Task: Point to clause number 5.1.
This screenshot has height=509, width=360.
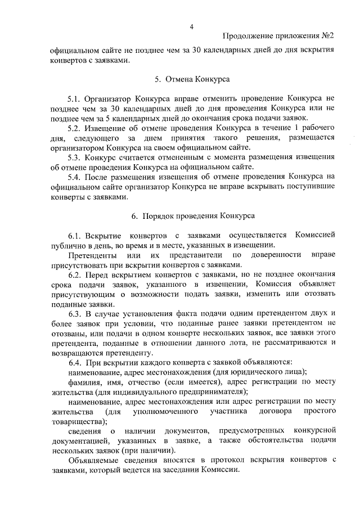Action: pos(74,98)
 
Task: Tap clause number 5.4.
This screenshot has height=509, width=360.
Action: pos(74,177)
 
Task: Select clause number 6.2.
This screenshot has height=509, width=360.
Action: pos(75,274)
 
